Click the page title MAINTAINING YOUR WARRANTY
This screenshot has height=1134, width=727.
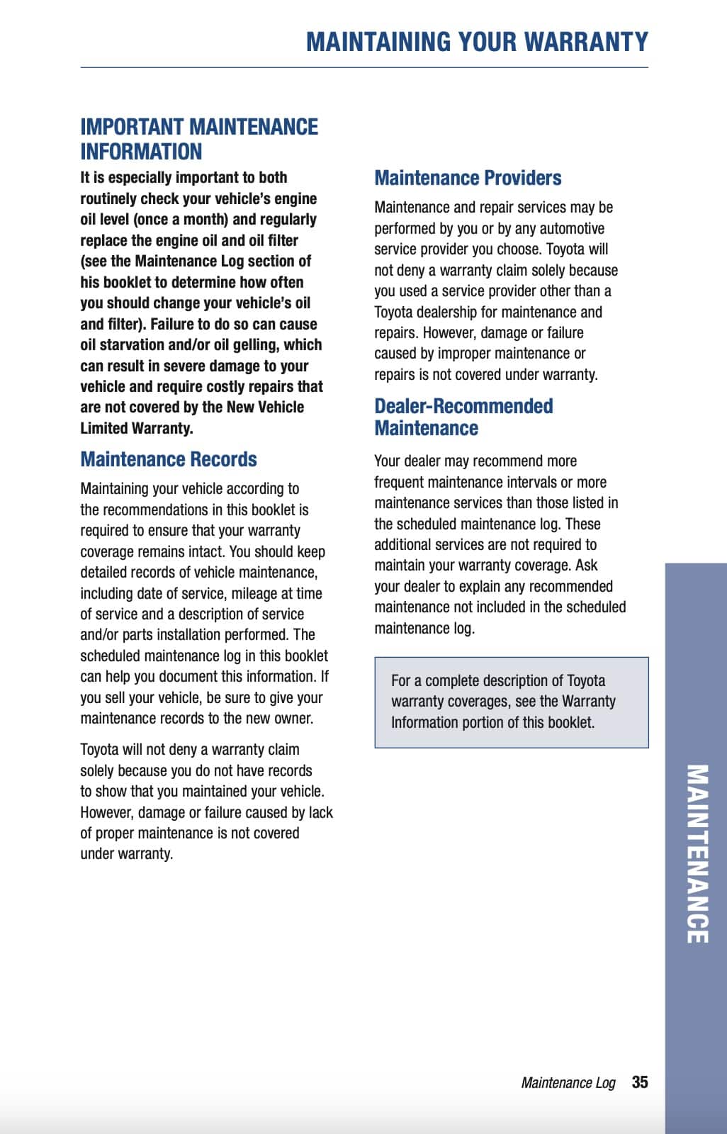click(477, 42)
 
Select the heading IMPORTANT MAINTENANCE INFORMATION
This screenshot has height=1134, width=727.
click(199, 139)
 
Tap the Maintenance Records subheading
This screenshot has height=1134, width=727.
click(169, 459)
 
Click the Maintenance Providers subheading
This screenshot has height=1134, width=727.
click(468, 178)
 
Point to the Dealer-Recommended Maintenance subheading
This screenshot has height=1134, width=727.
click(463, 417)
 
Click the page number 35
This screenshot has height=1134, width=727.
click(640, 1082)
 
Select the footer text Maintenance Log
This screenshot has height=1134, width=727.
click(568, 1083)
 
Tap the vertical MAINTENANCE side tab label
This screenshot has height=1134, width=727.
click(697, 853)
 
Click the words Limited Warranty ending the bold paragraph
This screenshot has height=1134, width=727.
click(136, 429)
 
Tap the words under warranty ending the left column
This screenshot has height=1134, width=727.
click(126, 854)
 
